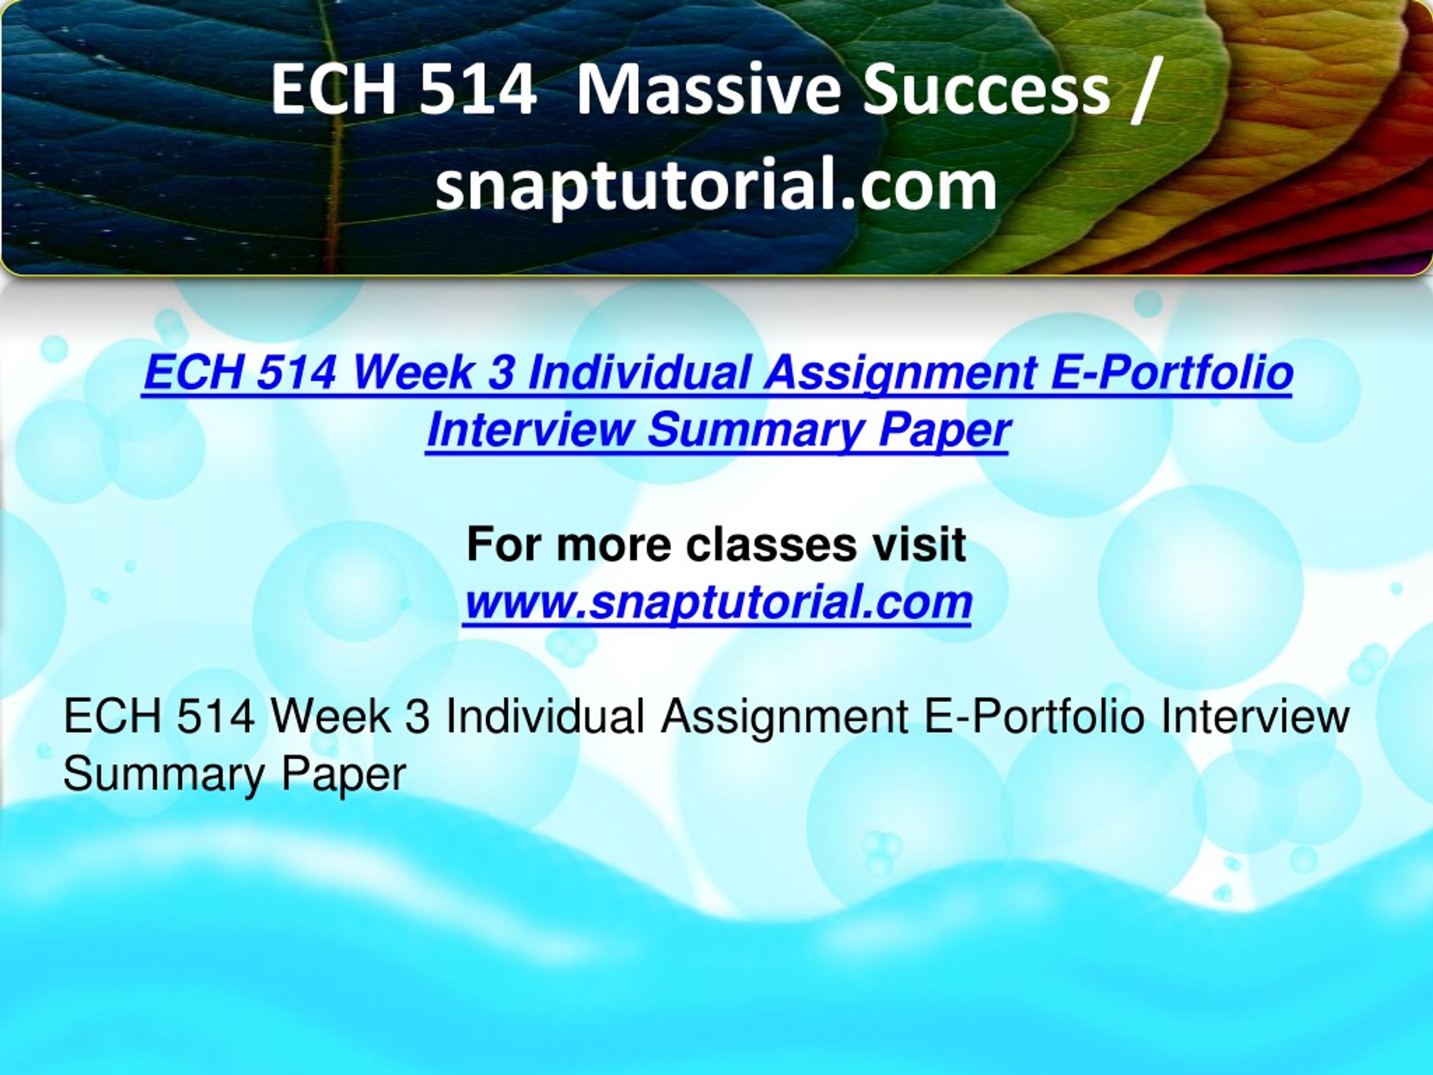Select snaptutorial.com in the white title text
(716, 184)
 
